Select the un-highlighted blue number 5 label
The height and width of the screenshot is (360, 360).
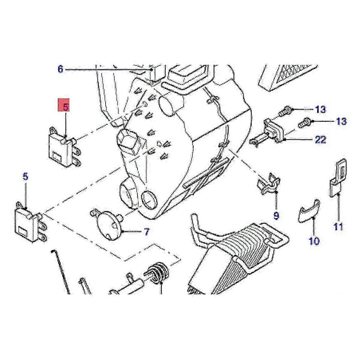click(25, 176)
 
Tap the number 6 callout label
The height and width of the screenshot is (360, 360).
click(61, 70)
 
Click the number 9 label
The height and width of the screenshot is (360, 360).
click(276, 215)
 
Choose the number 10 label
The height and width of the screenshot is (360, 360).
click(314, 240)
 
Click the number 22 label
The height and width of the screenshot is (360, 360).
click(320, 139)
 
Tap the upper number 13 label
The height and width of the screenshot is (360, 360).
click(320, 109)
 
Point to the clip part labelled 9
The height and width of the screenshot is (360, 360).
click(268, 184)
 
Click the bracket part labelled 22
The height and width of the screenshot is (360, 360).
click(270, 133)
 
